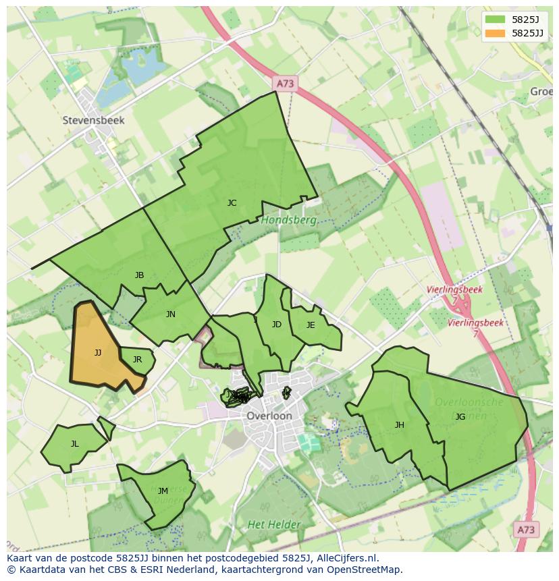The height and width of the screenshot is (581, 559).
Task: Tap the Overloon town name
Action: [x=269, y=416]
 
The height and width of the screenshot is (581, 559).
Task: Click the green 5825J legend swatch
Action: [x=495, y=20]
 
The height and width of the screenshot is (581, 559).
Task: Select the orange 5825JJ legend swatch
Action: [x=495, y=33]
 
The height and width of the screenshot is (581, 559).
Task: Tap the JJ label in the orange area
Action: [x=98, y=352]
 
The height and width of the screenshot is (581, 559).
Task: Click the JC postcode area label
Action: [x=232, y=202]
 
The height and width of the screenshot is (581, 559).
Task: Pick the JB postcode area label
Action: [x=139, y=275]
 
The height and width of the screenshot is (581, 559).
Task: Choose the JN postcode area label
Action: [x=171, y=314]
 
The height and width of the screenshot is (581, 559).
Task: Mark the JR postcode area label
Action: [x=137, y=359]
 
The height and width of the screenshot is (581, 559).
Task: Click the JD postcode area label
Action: [x=277, y=325]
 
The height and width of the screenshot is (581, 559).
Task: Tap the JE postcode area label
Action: [x=311, y=325]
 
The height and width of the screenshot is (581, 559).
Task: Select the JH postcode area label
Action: [x=400, y=424]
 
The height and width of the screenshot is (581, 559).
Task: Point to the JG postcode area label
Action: [x=460, y=416]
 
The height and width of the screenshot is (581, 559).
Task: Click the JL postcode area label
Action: [x=74, y=443]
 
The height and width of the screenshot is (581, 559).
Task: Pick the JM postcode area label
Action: [x=163, y=491]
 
